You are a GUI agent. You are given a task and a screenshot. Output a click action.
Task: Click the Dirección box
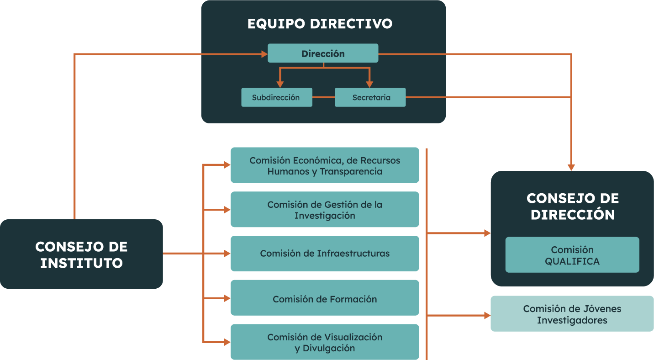(x=322, y=53)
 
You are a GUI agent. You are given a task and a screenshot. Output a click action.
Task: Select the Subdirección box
(x=276, y=97)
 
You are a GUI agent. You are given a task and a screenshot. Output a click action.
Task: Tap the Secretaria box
(x=370, y=97)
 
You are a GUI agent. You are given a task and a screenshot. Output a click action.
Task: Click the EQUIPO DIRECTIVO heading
(x=320, y=24)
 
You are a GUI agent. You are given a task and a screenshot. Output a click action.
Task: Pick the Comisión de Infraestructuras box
(x=324, y=254)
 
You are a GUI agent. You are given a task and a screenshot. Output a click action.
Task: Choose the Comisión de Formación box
(x=324, y=299)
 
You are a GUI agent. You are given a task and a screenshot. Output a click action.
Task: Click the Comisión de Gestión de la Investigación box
(x=324, y=210)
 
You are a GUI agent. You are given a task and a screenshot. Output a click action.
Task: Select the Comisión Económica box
(x=324, y=165)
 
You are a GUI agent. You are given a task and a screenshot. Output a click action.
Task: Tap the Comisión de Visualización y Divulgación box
(x=324, y=342)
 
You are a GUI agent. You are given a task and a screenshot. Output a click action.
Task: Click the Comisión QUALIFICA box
(x=572, y=255)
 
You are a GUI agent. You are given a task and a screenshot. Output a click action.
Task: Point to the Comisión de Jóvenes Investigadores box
(x=572, y=314)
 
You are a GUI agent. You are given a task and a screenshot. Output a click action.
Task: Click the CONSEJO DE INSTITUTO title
(x=81, y=254)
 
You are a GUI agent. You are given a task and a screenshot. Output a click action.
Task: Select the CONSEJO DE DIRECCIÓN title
(x=572, y=206)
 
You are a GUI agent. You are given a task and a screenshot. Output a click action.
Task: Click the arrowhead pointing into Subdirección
(x=280, y=84)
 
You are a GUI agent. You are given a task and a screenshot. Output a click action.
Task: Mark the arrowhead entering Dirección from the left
(x=264, y=54)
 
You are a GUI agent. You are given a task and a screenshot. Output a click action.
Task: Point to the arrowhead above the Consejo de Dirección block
(x=571, y=167)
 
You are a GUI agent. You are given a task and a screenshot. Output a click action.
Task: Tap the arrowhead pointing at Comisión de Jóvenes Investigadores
(x=487, y=315)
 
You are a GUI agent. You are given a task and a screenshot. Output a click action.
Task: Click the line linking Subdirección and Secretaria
(x=323, y=97)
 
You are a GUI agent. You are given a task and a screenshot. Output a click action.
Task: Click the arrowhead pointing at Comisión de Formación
(x=227, y=298)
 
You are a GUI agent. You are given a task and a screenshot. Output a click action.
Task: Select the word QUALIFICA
(x=572, y=261)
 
